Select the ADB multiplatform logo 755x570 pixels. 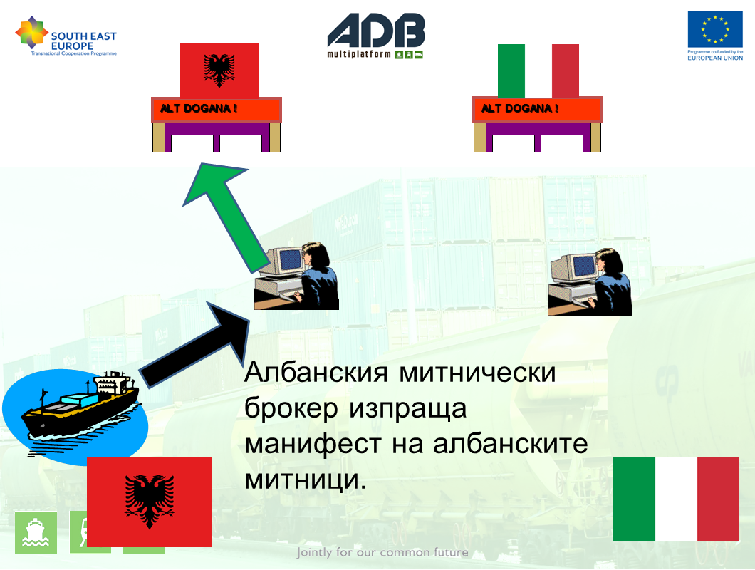375,36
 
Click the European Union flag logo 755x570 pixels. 715,29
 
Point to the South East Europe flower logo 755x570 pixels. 31,32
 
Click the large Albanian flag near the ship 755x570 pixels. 150,502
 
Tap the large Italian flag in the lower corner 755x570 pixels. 676,499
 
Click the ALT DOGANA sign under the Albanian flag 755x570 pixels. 217,109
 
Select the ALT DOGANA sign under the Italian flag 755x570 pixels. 537,109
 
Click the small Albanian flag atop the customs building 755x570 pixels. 219,71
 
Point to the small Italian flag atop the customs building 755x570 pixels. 538,71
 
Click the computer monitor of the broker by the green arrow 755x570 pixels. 286,261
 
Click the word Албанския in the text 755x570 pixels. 316,373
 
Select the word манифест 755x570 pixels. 313,444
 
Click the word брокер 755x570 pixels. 291,409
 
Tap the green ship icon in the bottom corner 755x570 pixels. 36,532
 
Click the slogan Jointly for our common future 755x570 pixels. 382,552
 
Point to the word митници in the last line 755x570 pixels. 306,480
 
